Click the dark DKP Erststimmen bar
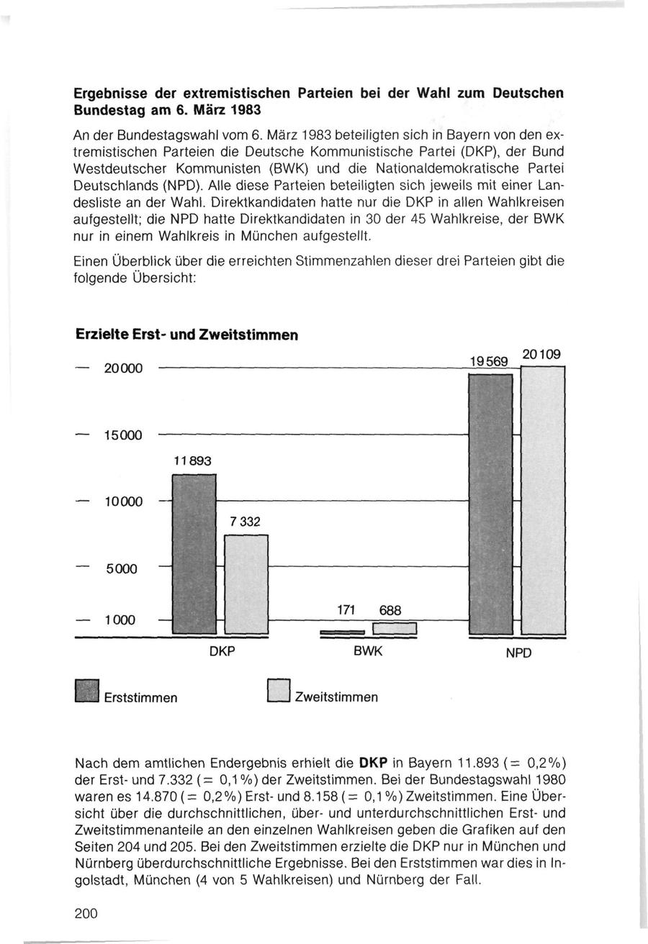(x=195, y=555)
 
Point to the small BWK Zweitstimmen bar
(x=395, y=630)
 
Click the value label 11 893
(x=192, y=461)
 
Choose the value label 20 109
(x=541, y=354)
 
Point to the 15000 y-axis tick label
(x=123, y=435)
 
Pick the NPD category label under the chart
(x=518, y=655)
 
